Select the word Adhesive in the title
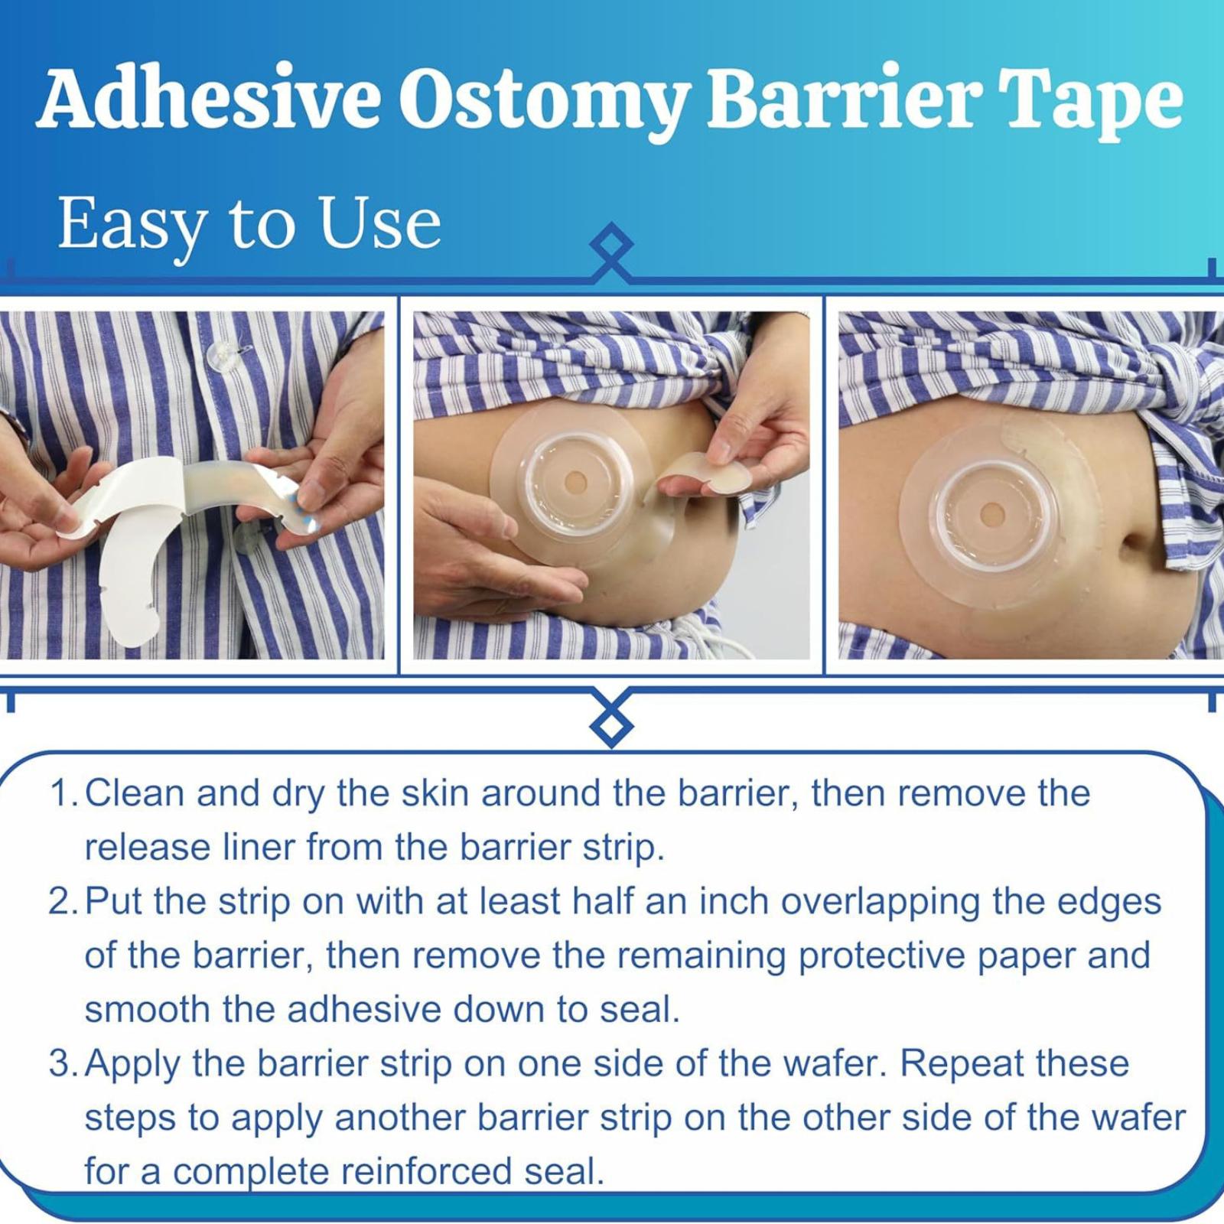click(208, 99)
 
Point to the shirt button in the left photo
click(221, 353)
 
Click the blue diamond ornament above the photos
click(612, 245)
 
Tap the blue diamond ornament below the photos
click(612, 724)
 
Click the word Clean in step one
click(135, 793)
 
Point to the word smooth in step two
click(148, 1009)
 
